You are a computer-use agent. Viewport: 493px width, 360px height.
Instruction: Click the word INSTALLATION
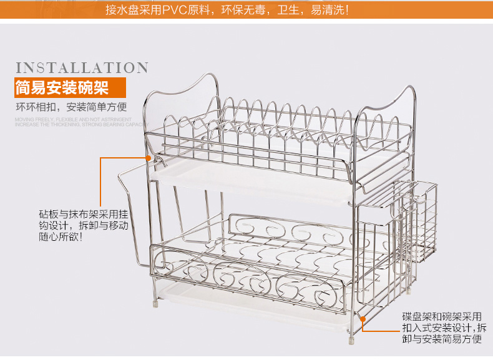coord(81,68)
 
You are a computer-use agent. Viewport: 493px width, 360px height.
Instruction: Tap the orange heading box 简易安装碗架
coord(62,87)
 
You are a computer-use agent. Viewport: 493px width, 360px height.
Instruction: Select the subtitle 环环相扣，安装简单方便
coord(71,106)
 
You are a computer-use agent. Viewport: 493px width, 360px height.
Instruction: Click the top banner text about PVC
coord(227,10)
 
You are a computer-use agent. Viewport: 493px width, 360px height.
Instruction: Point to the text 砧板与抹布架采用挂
coord(84,214)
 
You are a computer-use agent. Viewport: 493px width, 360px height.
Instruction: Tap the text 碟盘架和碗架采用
coord(442,316)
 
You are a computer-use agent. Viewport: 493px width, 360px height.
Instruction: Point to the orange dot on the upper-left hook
coord(149,158)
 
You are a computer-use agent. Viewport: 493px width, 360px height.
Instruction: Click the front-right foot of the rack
coord(350,341)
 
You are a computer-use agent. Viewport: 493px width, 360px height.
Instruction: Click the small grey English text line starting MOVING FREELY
coord(72,118)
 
